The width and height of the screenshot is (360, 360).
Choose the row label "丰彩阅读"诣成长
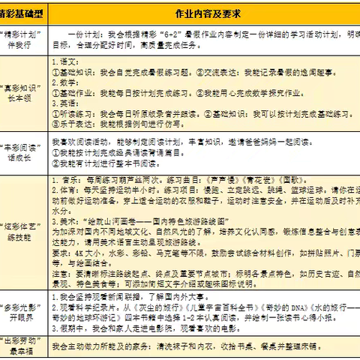24,154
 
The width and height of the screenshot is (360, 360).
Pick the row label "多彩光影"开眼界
24,312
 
